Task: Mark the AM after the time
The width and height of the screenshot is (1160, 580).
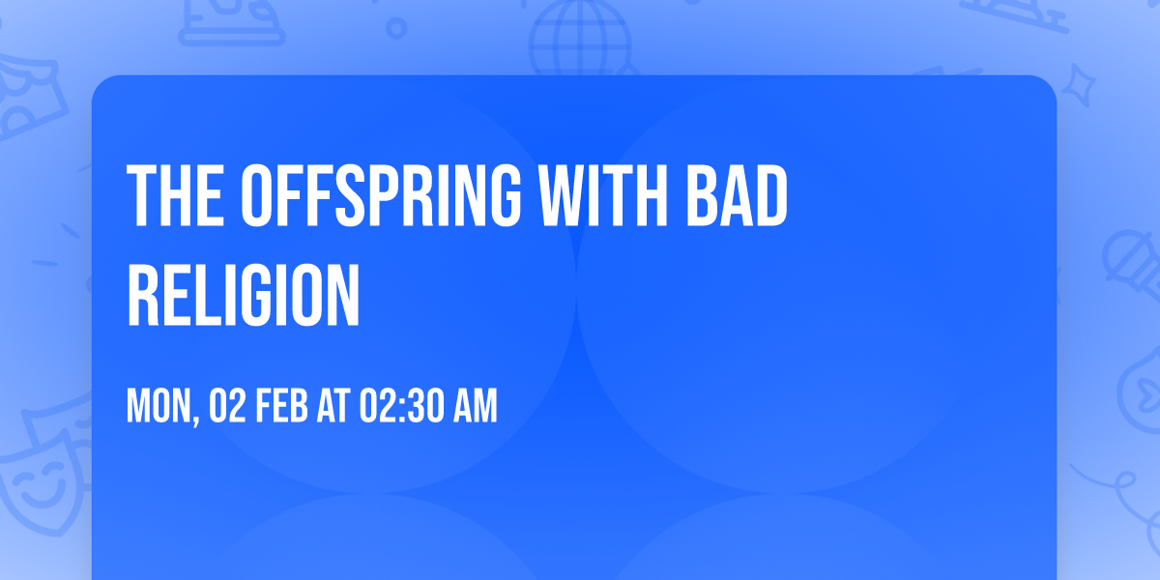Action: (476, 406)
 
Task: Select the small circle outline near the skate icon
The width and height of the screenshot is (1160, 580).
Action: (396, 29)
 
